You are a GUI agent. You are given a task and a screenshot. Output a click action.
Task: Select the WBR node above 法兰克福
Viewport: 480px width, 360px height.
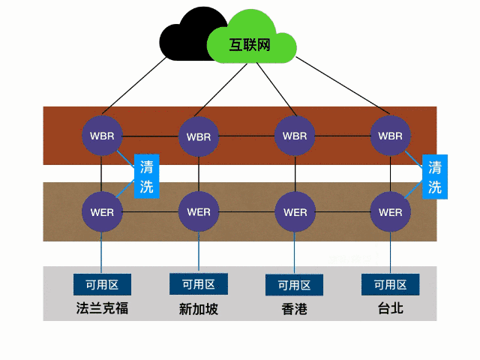coord(101,136)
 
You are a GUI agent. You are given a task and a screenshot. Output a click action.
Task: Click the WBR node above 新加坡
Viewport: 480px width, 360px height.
coord(199,137)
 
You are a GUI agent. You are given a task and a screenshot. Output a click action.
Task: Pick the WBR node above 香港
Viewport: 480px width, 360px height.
coord(294,136)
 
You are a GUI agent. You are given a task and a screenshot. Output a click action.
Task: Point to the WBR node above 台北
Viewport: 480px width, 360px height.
coord(391,136)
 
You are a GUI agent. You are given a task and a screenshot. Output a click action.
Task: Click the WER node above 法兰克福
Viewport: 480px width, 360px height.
coord(101,211)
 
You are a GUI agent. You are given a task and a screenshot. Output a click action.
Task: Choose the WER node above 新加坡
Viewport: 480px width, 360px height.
coord(199,211)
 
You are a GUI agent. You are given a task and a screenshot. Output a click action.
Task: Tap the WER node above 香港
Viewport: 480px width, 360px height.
coord(294,211)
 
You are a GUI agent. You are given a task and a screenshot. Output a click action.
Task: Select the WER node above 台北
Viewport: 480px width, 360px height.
coord(391,211)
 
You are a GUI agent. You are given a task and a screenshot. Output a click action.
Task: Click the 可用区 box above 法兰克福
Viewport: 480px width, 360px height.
coord(102,284)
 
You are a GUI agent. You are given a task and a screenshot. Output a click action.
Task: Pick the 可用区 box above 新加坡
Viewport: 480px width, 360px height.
coord(199,284)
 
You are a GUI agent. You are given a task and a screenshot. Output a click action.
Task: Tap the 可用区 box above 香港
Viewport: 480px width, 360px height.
coord(294,285)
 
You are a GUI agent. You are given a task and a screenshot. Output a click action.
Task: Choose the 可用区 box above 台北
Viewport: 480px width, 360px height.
coord(390,284)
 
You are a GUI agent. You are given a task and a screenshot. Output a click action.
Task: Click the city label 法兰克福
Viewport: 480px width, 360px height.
coord(102,307)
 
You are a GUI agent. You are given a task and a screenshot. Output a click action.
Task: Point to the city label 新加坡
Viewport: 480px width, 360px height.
coord(199,309)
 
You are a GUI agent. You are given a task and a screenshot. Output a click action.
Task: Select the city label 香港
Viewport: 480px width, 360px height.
coord(294,309)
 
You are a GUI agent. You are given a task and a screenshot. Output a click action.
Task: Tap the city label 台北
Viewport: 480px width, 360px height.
coord(390,307)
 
